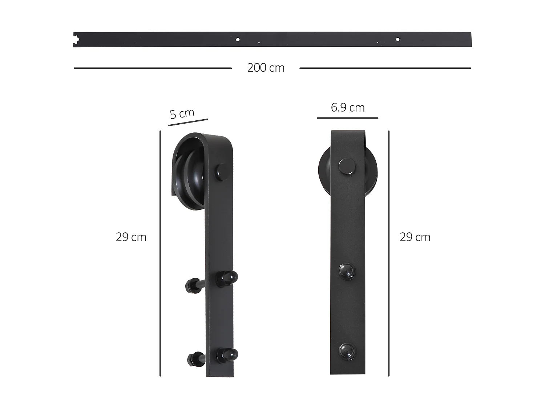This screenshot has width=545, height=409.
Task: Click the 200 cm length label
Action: (x=266, y=68)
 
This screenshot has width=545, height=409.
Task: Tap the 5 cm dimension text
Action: (x=182, y=113)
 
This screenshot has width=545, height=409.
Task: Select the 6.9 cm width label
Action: (x=348, y=108)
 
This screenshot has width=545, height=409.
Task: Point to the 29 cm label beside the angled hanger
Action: (x=131, y=237)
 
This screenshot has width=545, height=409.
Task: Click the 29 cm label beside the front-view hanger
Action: (x=415, y=237)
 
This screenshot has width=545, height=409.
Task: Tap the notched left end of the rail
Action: (x=76, y=40)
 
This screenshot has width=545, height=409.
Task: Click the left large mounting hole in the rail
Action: (x=238, y=39)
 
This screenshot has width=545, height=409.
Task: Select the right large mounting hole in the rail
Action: (x=397, y=39)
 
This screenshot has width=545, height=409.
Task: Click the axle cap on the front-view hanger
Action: (x=347, y=167)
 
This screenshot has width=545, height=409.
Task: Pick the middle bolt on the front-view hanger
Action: (x=346, y=271)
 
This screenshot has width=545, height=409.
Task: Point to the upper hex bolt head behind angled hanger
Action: (x=191, y=286)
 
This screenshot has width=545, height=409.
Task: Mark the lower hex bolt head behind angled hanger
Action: (x=193, y=360)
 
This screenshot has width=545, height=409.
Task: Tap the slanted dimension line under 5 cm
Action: (x=188, y=122)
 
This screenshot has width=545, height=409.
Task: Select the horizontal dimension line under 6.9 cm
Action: (x=347, y=118)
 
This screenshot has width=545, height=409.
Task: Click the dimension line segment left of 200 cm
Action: (x=153, y=68)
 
